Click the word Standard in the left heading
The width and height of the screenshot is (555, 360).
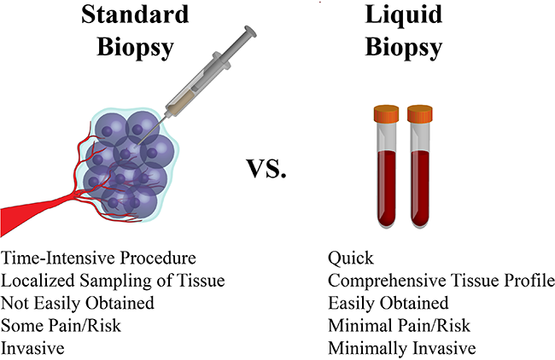click(135, 15)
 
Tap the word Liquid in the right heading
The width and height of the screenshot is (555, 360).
click(404, 15)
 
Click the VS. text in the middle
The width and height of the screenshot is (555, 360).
click(266, 168)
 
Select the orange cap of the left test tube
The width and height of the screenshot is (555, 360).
click(386, 113)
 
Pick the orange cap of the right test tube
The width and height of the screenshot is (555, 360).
click(420, 113)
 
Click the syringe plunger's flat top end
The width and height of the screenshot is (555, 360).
click(250, 31)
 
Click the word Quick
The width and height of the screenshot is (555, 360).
click(350, 258)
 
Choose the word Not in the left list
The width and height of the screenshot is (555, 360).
click(14, 303)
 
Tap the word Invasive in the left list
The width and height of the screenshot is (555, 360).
click(32, 348)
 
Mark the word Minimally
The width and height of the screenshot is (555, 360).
click(368, 348)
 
